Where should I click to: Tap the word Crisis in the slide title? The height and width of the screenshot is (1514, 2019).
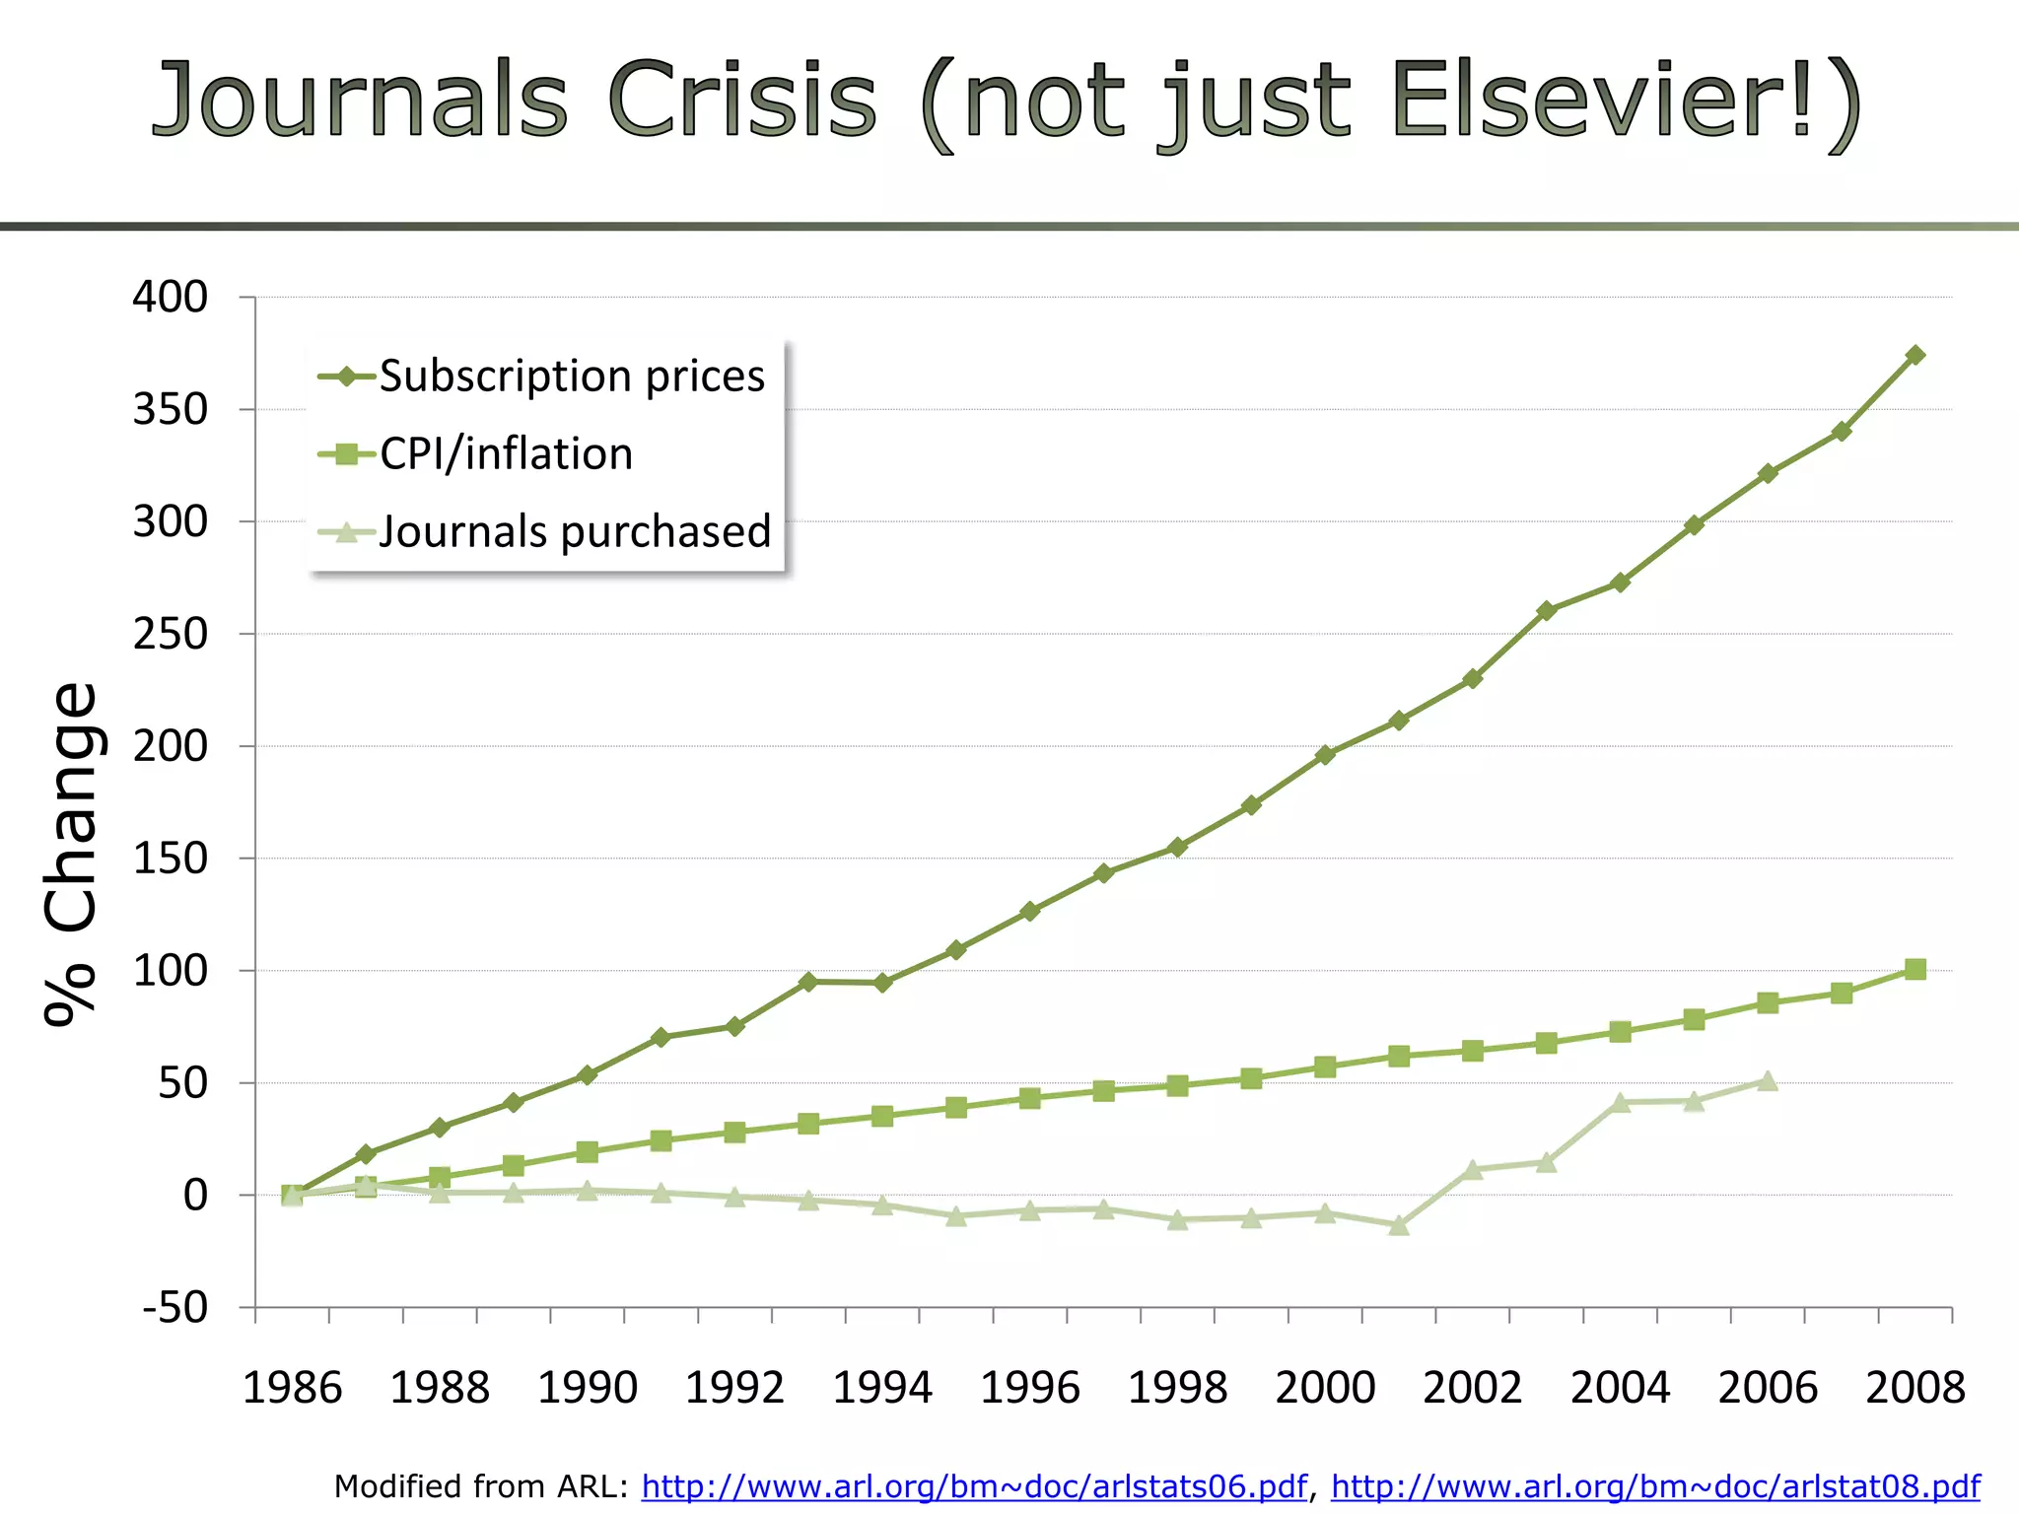click(x=740, y=101)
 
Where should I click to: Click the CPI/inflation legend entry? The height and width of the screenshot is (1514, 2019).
click(x=506, y=454)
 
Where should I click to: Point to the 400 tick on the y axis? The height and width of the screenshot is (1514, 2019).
click(x=171, y=297)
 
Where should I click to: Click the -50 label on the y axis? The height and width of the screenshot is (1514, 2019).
click(x=175, y=1308)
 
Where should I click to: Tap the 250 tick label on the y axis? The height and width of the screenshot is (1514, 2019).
click(x=171, y=634)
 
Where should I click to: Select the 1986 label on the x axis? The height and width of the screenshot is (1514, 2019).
click(x=292, y=1388)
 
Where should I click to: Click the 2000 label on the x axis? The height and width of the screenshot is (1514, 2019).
click(x=1325, y=1388)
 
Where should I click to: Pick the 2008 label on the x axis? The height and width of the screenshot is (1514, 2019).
click(x=1915, y=1388)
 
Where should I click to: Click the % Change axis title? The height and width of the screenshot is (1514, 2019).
click(x=71, y=855)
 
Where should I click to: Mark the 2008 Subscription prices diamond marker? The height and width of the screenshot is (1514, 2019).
click(x=1915, y=355)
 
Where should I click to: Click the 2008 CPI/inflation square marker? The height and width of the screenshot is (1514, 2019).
click(x=1915, y=970)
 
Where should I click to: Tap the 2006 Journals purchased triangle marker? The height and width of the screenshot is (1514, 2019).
click(x=1768, y=1081)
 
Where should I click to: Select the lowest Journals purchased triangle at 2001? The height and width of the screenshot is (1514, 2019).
click(x=1399, y=1226)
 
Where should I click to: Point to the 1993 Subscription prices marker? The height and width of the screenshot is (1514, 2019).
click(x=808, y=982)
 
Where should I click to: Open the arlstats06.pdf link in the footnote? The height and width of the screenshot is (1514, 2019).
click(x=974, y=1486)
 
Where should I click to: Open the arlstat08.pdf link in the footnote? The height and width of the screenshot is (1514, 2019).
click(x=1655, y=1486)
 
